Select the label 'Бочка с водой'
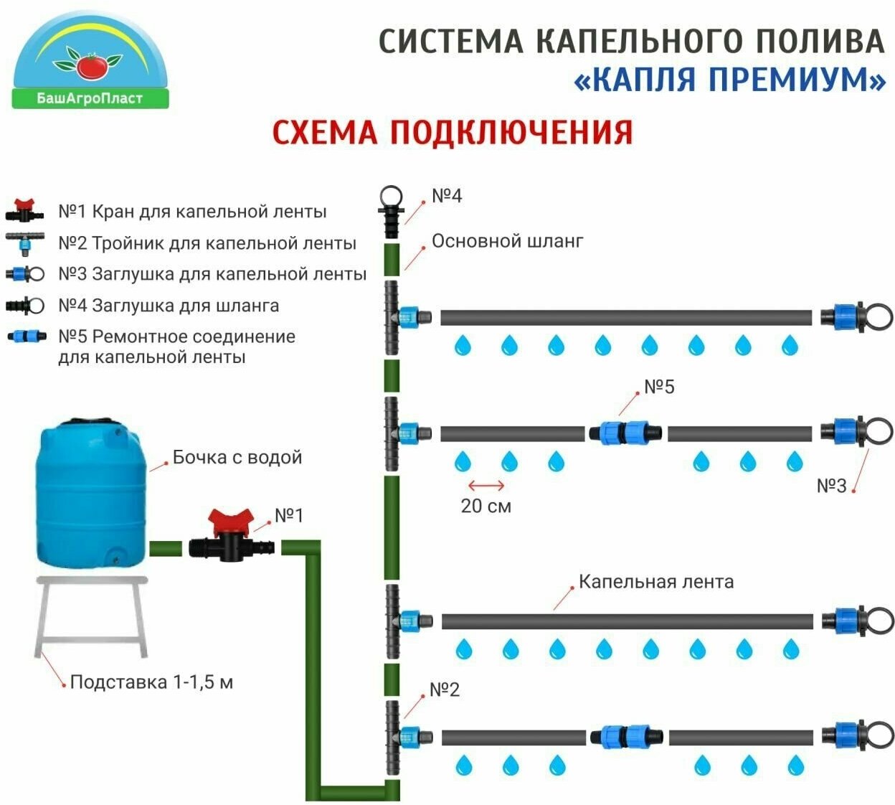pos(237,458)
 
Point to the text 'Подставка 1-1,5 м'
pos(151,682)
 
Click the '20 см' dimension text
pos(486,506)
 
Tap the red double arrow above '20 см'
pos(486,486)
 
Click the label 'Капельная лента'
pos(656,582)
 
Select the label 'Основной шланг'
pos(507,241)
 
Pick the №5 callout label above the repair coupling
pos(659,387)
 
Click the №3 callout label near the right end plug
pos(831,486)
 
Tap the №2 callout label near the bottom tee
pos(444,690)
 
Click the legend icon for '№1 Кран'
pos(27,211)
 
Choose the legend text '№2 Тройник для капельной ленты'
pos(207,243)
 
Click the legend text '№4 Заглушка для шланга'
pos(169,306)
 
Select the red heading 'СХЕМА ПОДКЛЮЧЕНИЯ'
pos(452,133)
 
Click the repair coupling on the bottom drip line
pos(627,737)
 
